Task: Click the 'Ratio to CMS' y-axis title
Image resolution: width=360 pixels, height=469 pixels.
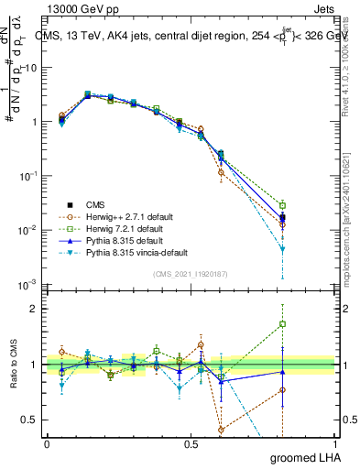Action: tap(14, 364)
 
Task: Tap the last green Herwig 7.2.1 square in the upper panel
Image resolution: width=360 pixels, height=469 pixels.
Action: tap(283, 205)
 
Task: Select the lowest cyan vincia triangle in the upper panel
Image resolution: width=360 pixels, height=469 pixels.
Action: tap(283, 249)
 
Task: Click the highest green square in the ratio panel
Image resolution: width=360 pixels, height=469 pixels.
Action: tap(283, 323)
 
